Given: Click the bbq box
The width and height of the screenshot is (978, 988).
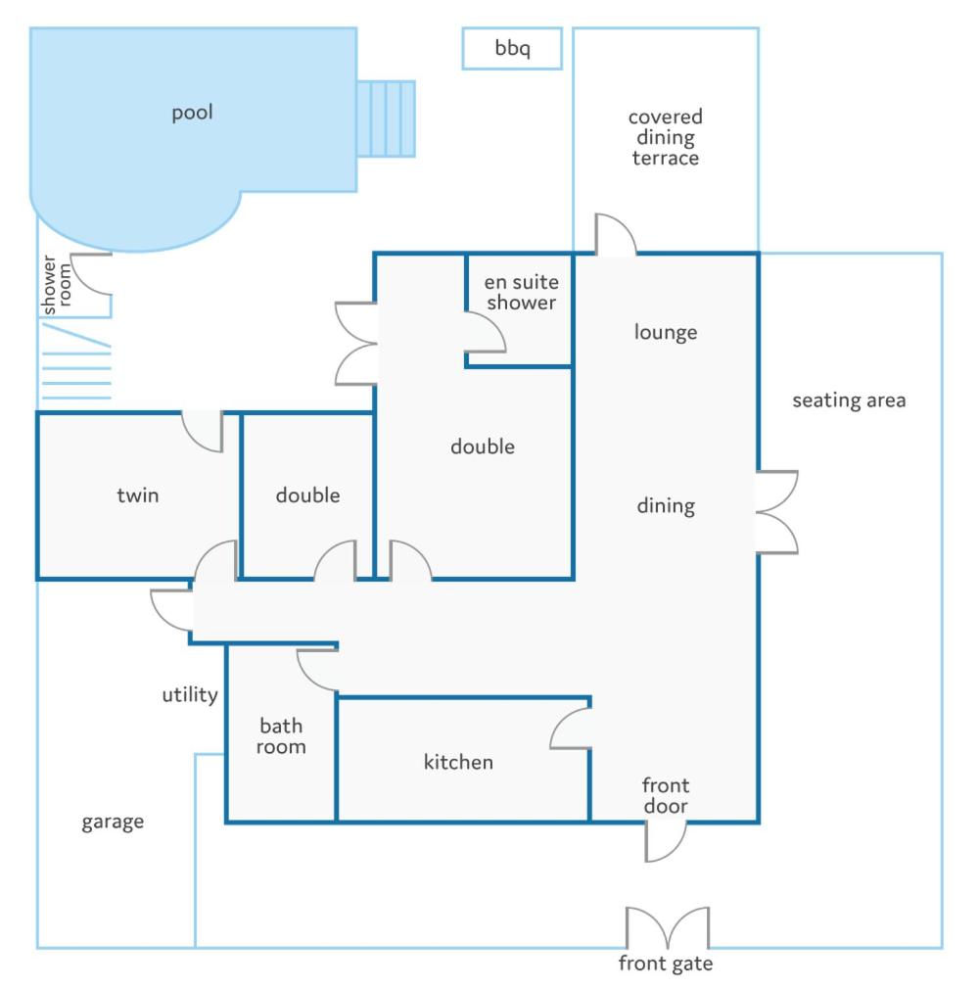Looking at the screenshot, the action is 512,49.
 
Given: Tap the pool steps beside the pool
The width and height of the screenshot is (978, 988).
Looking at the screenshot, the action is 387,118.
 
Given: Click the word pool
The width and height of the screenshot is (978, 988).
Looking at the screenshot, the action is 192,113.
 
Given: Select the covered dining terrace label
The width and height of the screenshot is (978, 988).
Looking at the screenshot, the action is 666,137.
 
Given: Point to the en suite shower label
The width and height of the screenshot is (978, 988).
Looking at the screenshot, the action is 521,293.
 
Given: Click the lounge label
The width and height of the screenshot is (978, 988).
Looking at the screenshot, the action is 666,332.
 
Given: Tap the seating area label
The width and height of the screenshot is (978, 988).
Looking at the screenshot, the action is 849,400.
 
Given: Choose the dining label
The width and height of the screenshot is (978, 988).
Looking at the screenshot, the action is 666,506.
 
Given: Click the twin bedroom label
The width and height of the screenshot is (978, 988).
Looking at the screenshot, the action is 137,495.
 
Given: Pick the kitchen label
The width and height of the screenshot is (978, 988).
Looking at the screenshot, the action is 458,763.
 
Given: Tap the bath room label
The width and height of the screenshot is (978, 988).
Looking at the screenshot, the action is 281,736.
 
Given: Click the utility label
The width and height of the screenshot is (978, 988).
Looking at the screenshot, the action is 190,695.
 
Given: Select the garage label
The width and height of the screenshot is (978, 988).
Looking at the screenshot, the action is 113,822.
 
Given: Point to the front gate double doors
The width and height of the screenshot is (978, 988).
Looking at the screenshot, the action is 668,927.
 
